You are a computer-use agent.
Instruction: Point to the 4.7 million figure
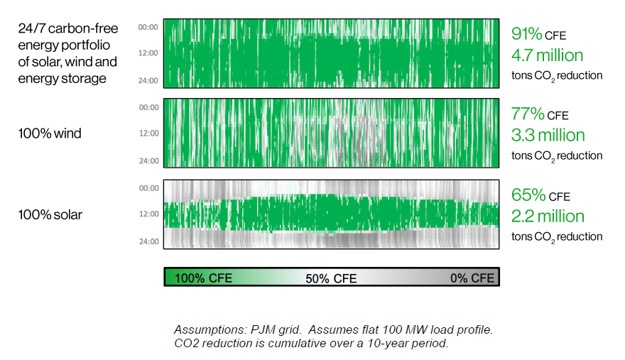click(x=548, y=55)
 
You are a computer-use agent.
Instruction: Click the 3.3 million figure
click(x=548, y=135)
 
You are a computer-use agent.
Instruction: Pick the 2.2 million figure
click(x=548, y=216)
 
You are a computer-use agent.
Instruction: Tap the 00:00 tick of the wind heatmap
click(x=148, y=108)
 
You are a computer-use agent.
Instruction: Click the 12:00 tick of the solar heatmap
click(x=148, y=214)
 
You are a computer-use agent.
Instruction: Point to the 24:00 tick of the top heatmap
click(x=148, y=80)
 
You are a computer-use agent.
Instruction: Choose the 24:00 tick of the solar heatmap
click(x=148, y=241)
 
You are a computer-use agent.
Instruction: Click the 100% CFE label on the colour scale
click(x=203, y=278)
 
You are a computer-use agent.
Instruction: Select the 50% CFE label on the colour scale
click(x=331, y=278)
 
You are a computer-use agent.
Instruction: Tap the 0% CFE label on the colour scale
click(x=472, y=278)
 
